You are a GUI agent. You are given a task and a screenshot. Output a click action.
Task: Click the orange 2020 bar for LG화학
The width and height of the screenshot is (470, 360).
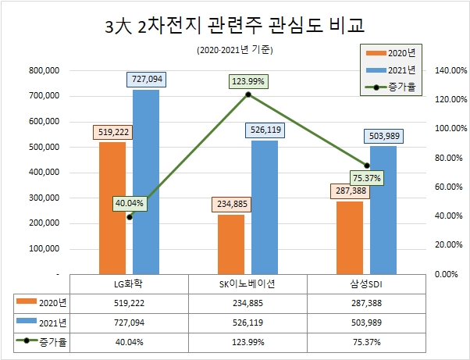112,208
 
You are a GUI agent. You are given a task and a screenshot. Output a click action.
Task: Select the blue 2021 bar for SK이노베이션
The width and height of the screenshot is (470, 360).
265,208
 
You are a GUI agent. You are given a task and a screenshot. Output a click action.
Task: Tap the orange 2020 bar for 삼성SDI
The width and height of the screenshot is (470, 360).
350,238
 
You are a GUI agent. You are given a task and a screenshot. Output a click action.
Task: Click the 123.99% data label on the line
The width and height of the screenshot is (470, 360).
248,80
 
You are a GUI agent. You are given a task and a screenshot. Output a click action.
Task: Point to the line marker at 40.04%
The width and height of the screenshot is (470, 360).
129,216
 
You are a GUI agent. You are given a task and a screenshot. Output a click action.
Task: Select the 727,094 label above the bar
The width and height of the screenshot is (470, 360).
146,80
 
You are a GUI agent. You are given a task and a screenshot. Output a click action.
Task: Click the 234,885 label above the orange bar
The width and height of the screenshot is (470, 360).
231,205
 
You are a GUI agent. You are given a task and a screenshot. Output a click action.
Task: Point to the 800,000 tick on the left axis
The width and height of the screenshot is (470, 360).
45,70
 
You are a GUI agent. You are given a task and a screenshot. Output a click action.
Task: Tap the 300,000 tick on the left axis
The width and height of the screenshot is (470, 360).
45,198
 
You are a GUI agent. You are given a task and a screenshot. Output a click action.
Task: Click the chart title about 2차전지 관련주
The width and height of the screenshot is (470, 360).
235,27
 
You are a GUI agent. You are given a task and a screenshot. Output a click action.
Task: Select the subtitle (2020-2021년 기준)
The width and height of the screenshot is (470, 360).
235,51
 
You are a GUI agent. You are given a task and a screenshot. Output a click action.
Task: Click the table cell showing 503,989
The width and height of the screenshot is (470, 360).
367,321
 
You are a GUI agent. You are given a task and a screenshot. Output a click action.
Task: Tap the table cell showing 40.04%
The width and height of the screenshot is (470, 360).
130,341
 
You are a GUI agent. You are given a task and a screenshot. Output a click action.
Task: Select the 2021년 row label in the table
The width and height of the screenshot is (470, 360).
42,321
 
